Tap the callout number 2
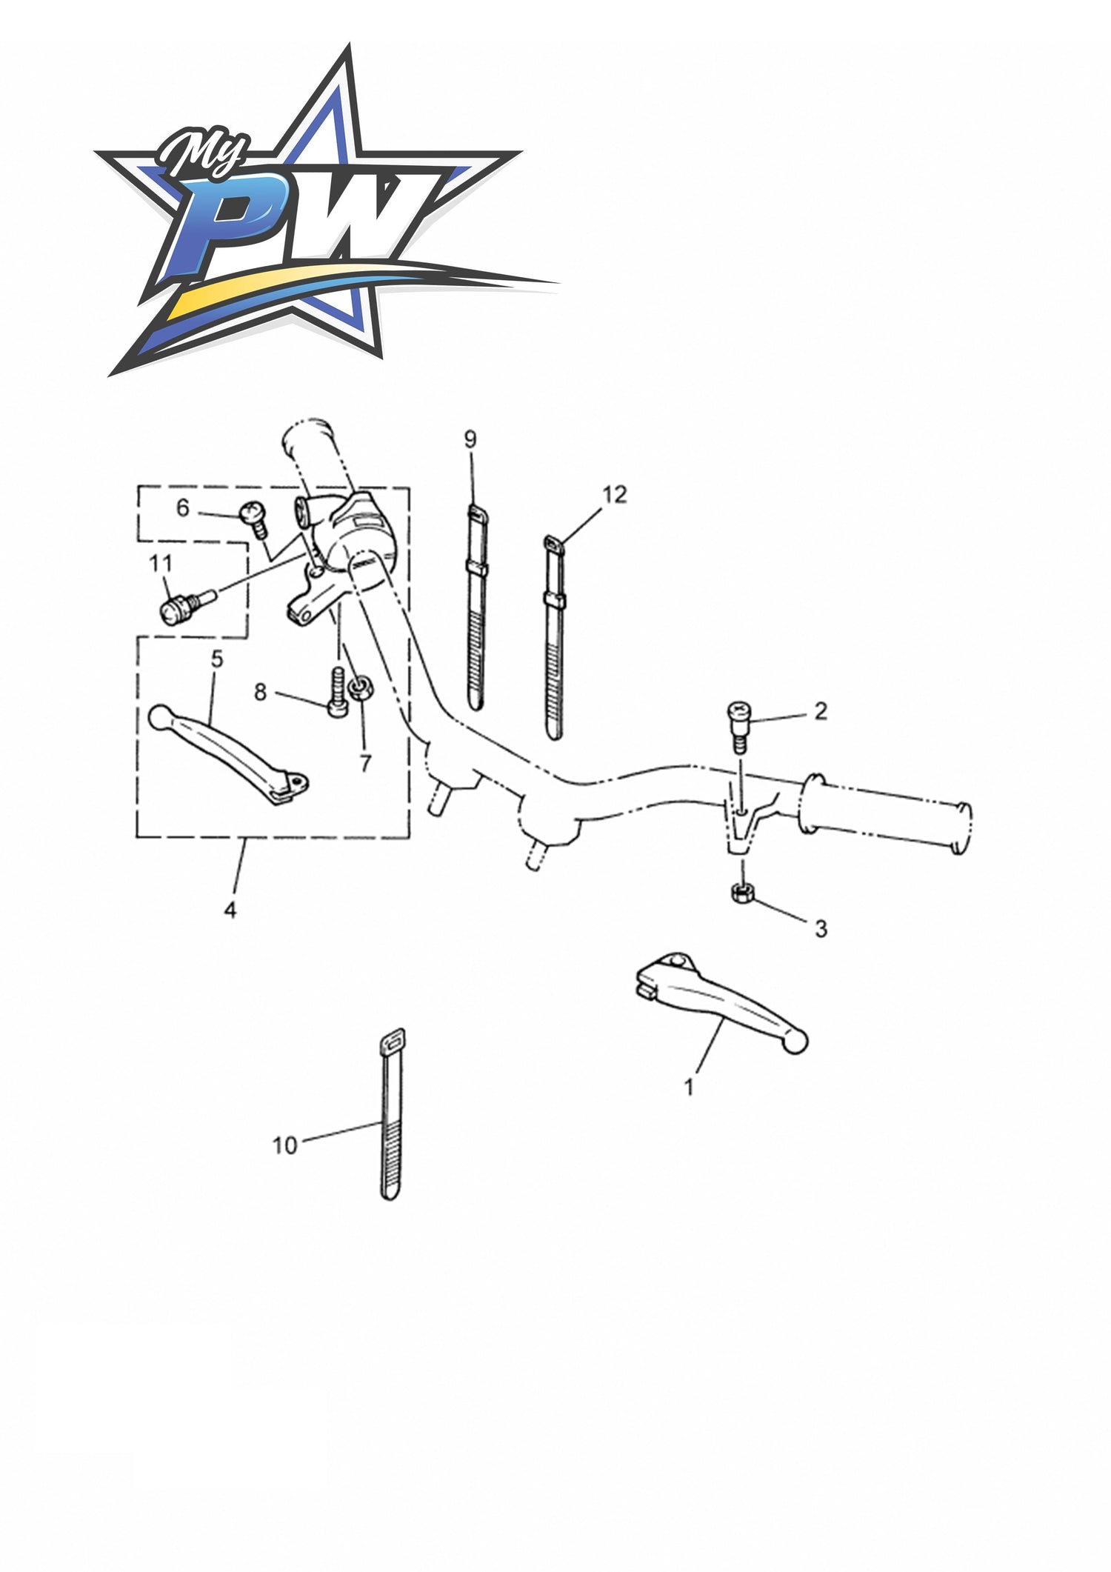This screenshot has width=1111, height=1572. click(x=821, y=711)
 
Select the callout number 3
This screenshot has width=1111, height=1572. click(x=821, y=928)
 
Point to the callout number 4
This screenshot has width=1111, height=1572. click(x=230, y=910)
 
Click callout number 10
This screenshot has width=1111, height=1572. click(x=285, y=1145)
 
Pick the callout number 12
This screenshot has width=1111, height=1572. click(x=615, y=494)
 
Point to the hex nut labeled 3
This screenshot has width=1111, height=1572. click(x=742, y=893)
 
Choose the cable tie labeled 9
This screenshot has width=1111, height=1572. click(x=475, y=607)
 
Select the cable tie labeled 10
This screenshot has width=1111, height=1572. click(x=391, y=1113)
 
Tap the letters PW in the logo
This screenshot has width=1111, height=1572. click(x=296, y=237)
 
